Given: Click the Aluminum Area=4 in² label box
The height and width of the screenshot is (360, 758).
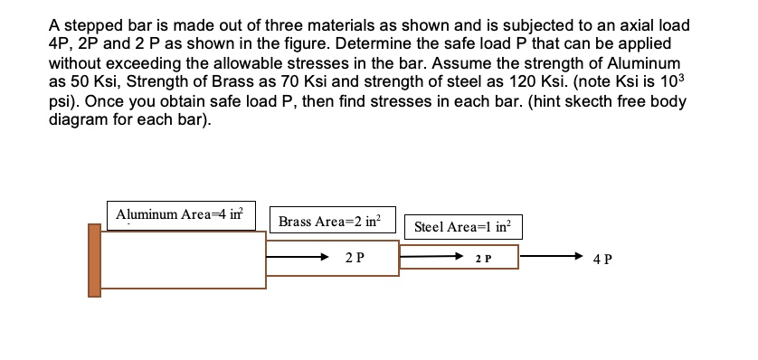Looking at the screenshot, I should [x=181, y=215].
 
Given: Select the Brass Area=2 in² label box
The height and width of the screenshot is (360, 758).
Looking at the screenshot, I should [x=330, y=221].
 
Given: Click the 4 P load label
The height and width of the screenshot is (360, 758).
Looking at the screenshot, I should [x=602, y=260].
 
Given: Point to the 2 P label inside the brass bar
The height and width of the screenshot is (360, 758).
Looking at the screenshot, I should [x=355, y=258].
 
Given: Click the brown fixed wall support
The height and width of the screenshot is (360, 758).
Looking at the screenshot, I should [x=94, y=261].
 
